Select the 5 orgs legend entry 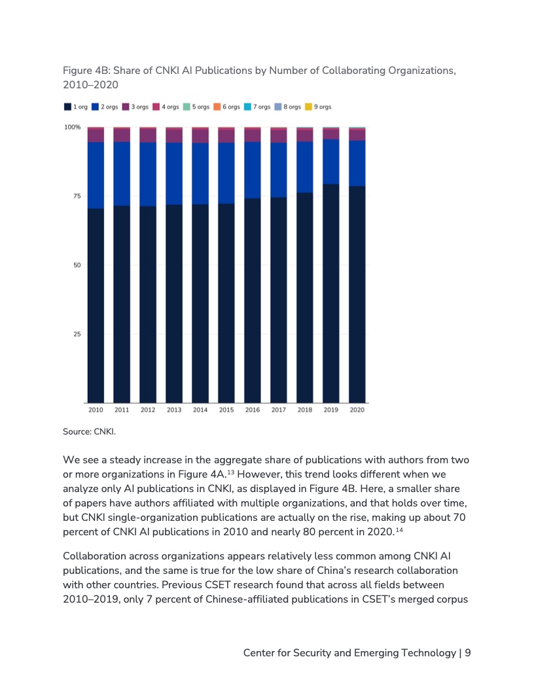[196, 107]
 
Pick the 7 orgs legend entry [257, 107]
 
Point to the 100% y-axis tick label [72, 127]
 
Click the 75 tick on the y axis [76, 196]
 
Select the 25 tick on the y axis [76, 334]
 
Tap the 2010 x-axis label [96, 410]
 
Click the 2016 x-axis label [253, 410]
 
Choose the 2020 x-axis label [357, 410]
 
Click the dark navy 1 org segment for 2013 [174, 301]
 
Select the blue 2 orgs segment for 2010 [96, 175]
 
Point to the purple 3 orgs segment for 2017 [278, 136]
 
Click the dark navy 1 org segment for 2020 [357, 294]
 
